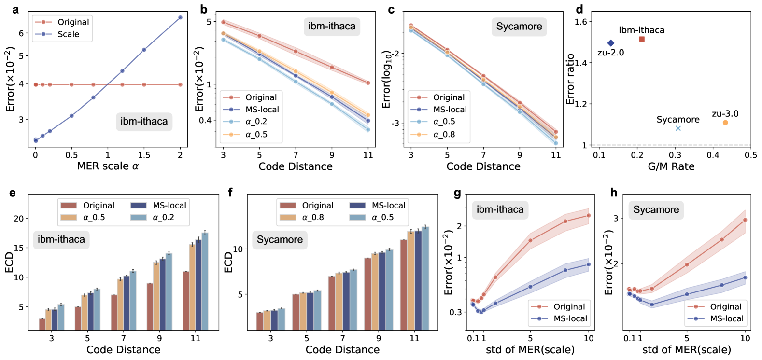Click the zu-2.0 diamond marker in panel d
(610, 43)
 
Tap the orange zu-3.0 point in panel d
(725, 123)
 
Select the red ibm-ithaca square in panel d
(642, 39)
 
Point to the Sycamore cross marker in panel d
(678, 128)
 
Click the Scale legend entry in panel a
(68, 34)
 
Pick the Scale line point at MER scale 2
(180, 17)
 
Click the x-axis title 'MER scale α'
(108, 166)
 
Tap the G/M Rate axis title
(671, 166)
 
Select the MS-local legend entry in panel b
(262, 110)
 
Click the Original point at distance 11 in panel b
(368, 83)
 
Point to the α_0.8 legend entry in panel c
(444, 135)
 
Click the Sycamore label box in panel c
(519, 27)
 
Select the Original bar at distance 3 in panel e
(42, 324)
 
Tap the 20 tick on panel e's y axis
(19, 218)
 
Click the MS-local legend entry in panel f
(388, 206)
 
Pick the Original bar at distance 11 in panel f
(404, 285)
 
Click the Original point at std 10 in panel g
(589, 215)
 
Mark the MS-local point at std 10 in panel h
(745, 277)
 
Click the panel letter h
(614, 193)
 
